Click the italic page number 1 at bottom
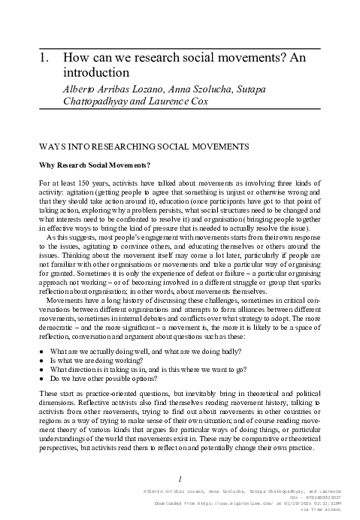coord(180,478)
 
